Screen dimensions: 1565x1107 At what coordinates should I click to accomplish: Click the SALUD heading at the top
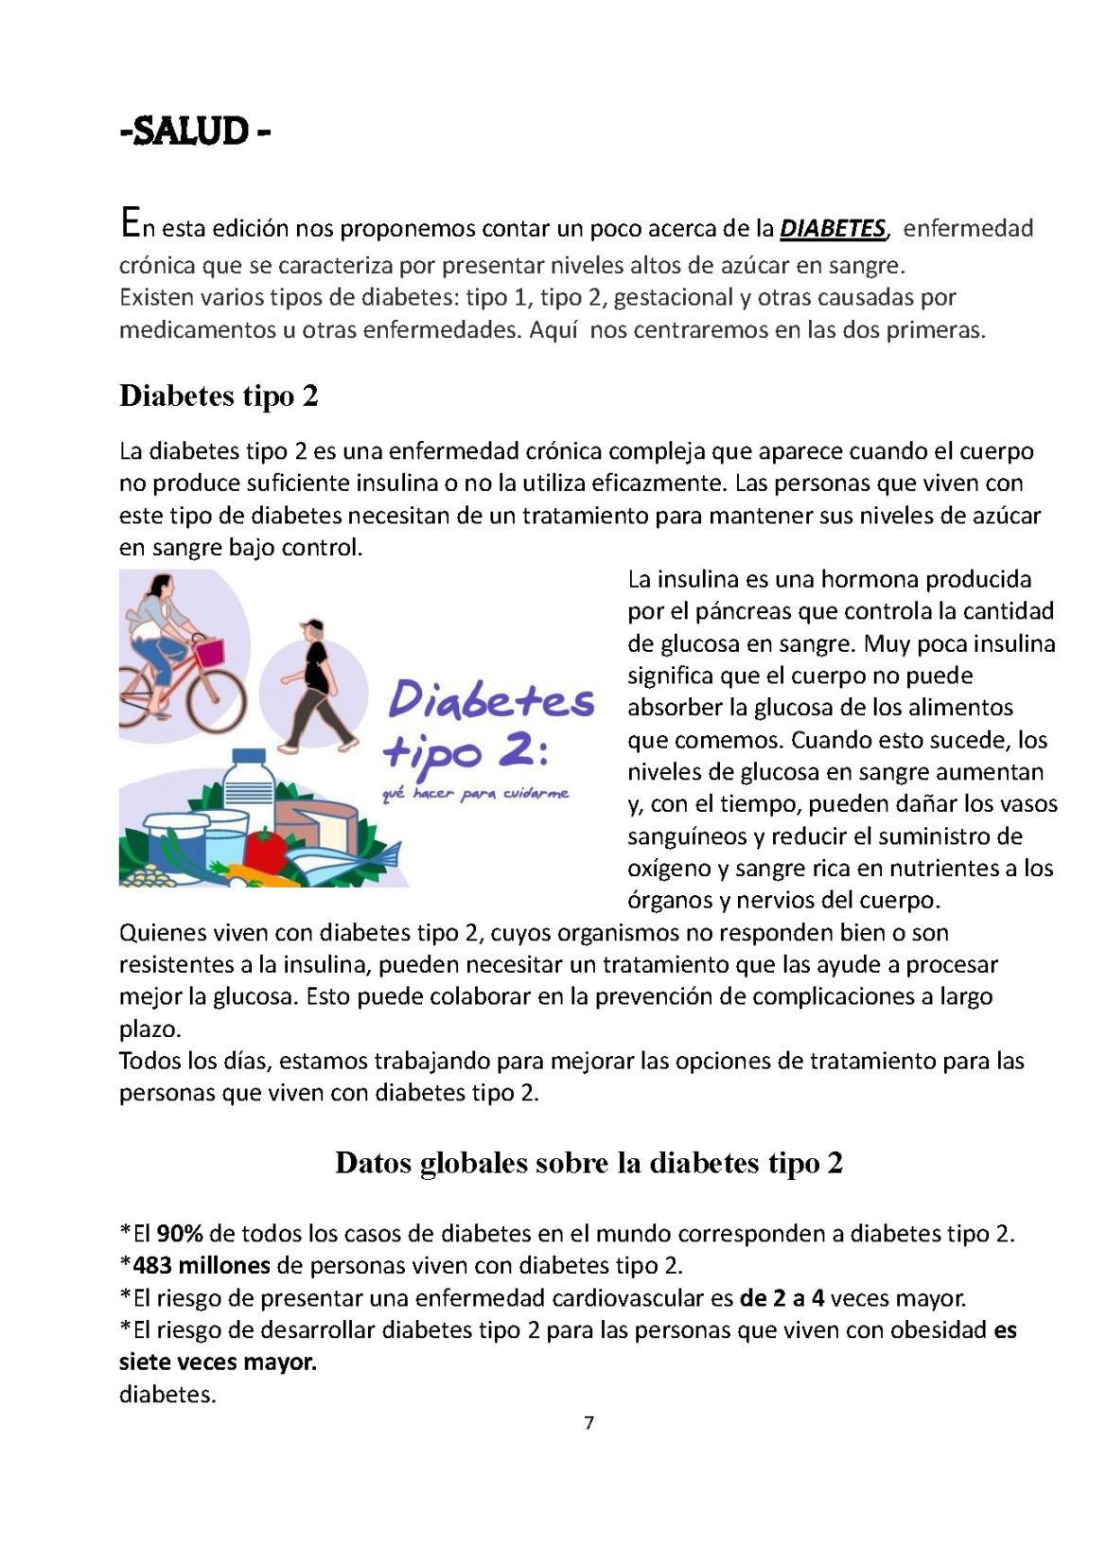coord(196,131)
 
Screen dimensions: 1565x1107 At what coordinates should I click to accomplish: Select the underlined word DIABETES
coord(832,229)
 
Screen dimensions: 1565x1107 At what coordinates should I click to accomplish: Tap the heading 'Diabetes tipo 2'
coord(219,396)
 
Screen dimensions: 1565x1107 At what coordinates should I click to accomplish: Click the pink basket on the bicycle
coord(209,652)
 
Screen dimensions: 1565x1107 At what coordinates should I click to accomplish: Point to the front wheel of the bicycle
coord(217,701)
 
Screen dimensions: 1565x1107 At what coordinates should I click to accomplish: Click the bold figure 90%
coord(180,1234)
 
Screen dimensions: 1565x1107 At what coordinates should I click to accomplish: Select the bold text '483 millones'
coord(201,1266)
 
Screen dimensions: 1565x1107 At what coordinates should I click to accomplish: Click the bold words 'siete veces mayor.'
coord(218,1363)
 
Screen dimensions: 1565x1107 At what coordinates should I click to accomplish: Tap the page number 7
coord(589,1423)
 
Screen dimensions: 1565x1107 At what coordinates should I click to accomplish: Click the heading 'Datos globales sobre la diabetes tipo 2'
coord(589,1163)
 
